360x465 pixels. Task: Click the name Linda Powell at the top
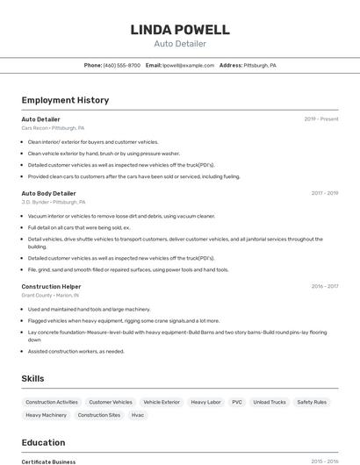(180, 30)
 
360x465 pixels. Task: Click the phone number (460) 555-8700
(121, 65)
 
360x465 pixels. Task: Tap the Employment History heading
(65, 100)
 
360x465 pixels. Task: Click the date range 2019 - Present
(321, 118)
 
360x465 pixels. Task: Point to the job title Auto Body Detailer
(48, 193)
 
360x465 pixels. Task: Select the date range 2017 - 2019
(324, 193)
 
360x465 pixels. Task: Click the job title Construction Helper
(51, 286)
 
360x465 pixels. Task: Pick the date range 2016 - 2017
(324, 286)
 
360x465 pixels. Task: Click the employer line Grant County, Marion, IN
(50, 295)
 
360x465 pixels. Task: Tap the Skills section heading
(33, 378)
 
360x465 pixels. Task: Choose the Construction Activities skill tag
(52, 402)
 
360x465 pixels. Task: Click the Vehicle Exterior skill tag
(162, 402)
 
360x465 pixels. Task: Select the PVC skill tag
(237, 402)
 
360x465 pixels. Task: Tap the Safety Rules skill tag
(312, 402)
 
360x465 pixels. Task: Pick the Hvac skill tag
(138, 415)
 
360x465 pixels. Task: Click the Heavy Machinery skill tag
(46, 415)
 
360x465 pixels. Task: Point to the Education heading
(43, 442)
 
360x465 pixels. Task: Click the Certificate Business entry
(48, 461)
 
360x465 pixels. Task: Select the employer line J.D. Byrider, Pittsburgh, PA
(53, 202)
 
